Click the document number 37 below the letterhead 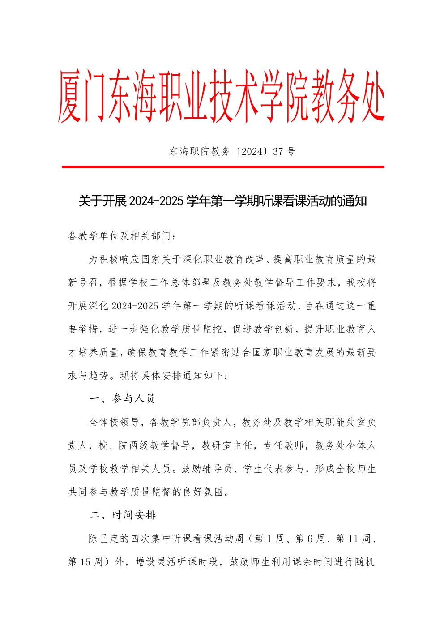278,151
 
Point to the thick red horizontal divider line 223,167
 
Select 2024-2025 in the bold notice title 156,201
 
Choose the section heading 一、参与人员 122,399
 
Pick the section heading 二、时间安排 123,515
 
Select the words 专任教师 283,445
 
